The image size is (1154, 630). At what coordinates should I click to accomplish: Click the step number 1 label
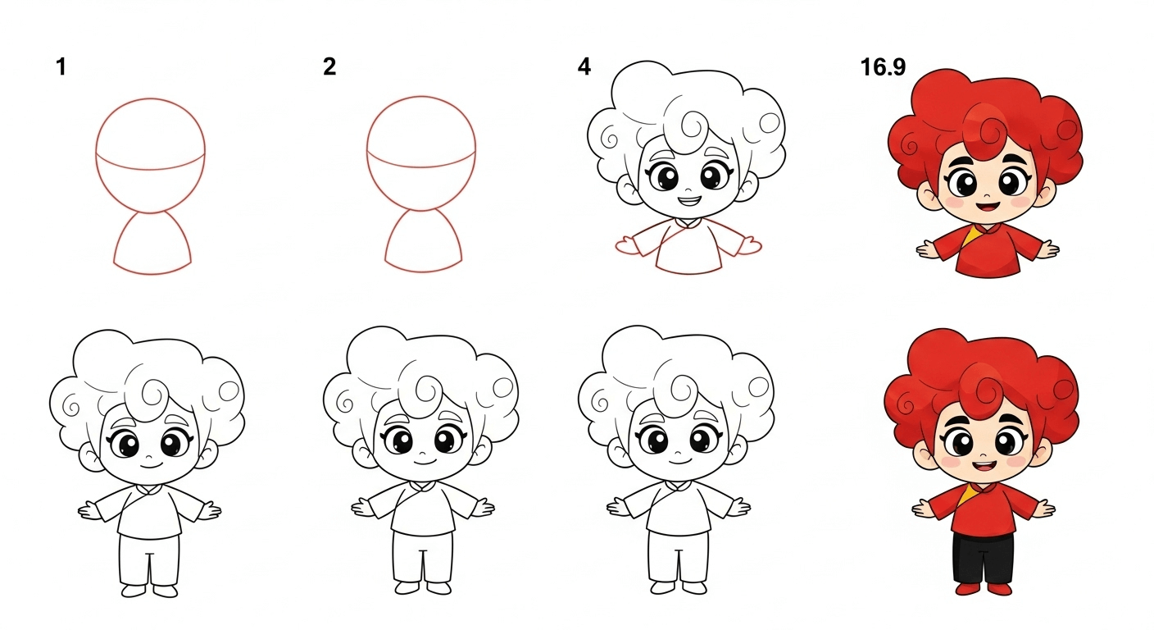(61, 67)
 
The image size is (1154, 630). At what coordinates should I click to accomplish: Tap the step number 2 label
(329, 67)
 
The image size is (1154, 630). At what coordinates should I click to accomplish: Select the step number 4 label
(584, 67)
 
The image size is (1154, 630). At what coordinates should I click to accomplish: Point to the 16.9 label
(883, 67)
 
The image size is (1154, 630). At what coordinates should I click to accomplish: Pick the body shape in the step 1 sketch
(152, 244)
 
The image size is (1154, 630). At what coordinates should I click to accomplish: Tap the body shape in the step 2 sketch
(424, 244)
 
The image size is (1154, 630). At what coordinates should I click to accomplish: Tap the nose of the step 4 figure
(685, 185)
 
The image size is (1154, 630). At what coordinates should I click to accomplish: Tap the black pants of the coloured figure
(984, 558)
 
